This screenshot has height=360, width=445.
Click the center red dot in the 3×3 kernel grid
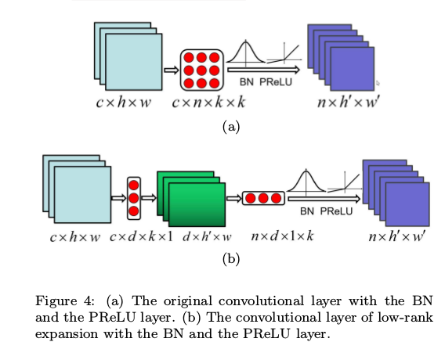tap(202, 70)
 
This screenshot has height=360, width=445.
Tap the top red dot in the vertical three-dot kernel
tap(133, 185)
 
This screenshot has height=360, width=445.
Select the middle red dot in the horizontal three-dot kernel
tap(262, 198)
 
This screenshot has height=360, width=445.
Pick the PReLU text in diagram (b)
tap(335, 211)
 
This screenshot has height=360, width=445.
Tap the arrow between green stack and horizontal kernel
tap(233, 199)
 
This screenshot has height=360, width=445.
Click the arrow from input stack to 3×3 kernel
tap(171, 70)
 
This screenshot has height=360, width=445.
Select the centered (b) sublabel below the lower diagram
tap(230, 259)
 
